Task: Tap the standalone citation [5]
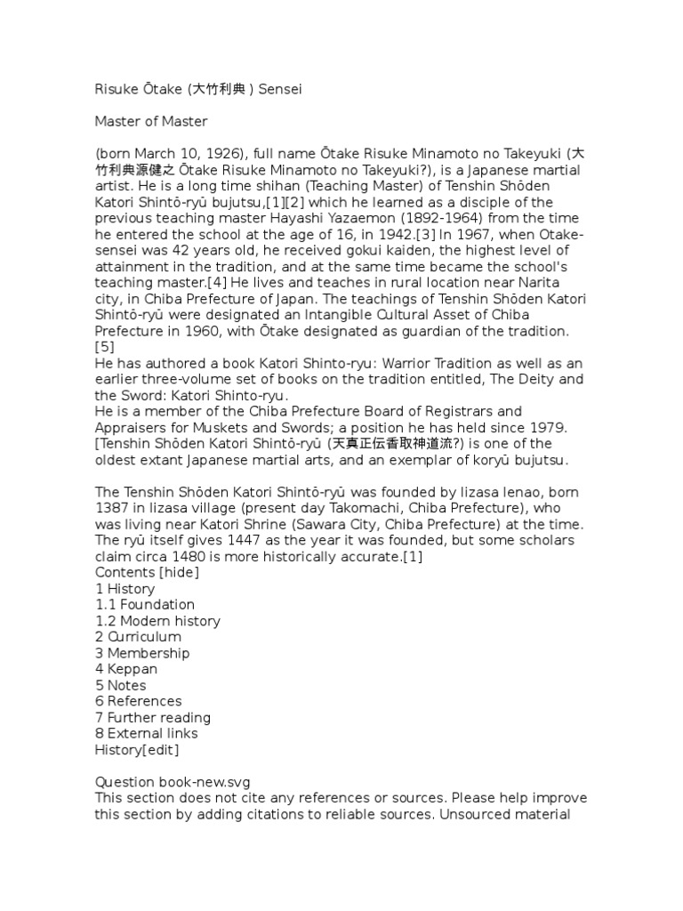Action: click(x=105, y=346)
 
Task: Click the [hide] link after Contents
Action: click(x=178, y=572)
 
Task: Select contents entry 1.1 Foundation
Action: click(x=145, y=605)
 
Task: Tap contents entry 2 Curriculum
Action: click(x=138, y=637)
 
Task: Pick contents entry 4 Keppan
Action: click(x=126, y=669)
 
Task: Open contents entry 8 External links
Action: click(x=147, y=733)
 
